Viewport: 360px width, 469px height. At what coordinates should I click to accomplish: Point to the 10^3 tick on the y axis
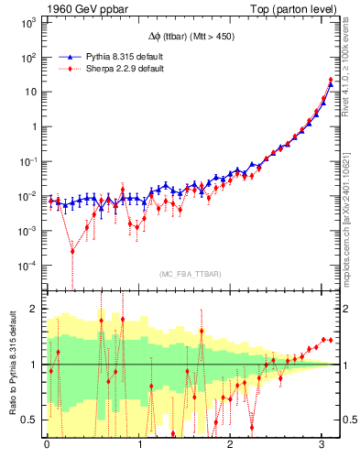[27, 22]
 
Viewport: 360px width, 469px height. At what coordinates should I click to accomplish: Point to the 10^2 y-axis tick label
[27, 57]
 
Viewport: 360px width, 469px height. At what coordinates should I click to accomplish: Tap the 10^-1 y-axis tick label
[27, 161]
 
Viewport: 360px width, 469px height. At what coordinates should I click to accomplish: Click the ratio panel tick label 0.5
[29, 420]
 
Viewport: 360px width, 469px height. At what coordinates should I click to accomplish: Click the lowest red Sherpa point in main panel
[72, 250]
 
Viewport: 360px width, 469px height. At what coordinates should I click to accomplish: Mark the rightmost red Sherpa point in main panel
[330, 80]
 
